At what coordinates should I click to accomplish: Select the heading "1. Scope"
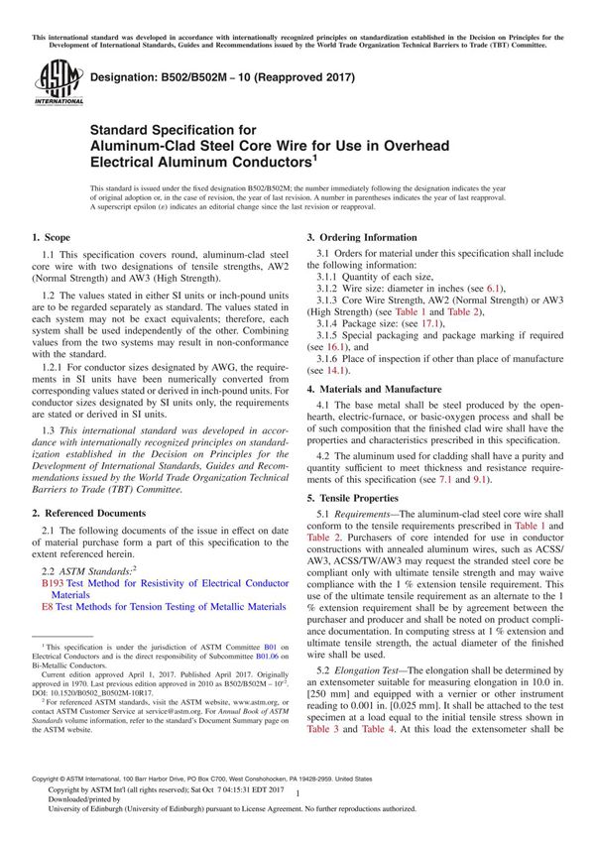click(x=51, y=238)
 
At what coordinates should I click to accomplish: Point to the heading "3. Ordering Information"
click(x=361, y=238)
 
